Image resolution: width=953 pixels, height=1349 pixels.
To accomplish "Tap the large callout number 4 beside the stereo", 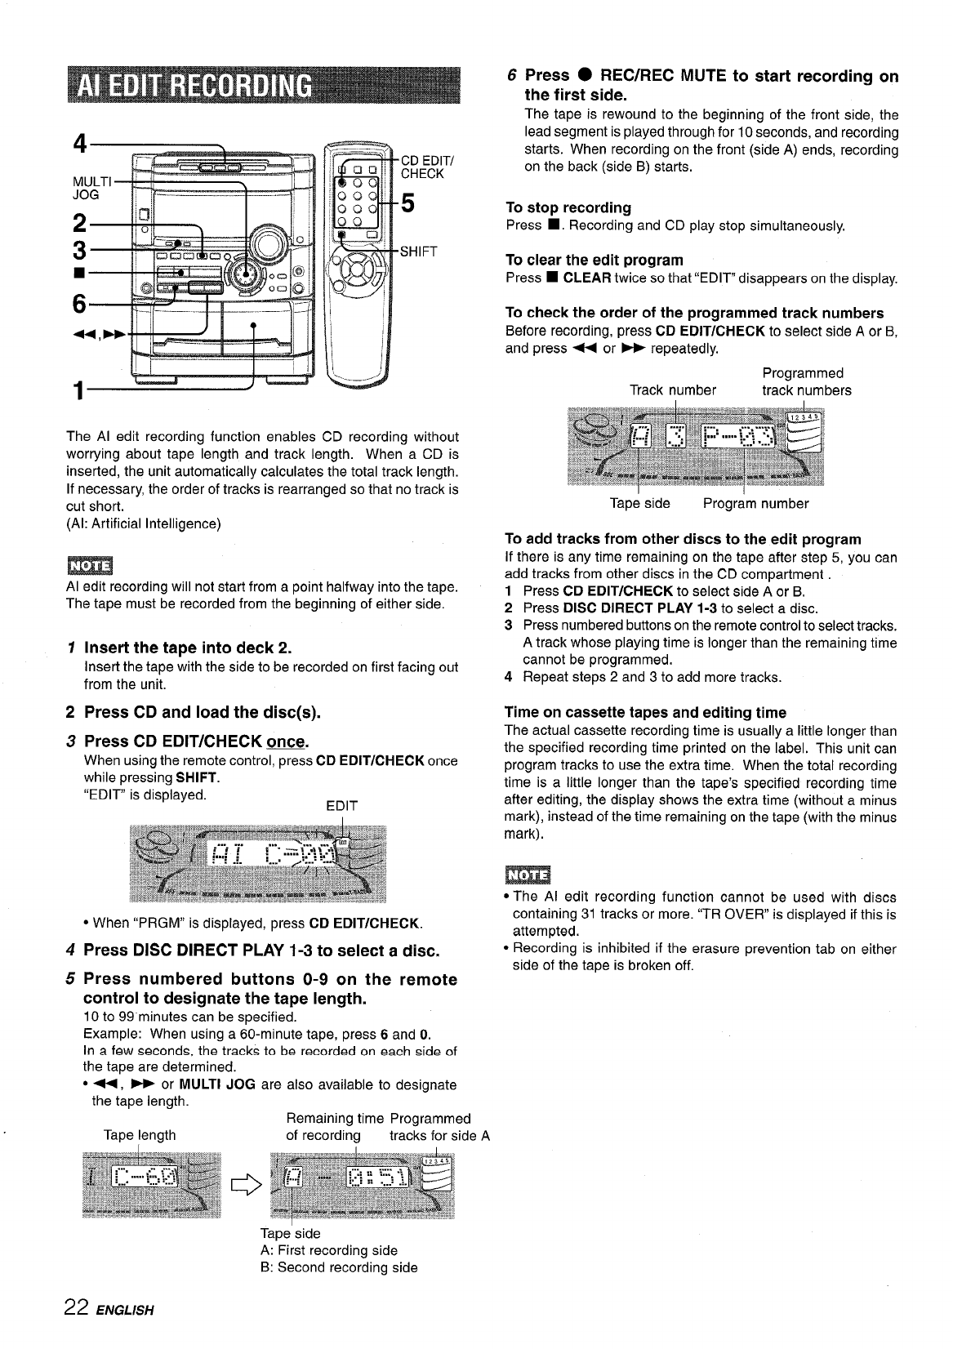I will tap(80, 145).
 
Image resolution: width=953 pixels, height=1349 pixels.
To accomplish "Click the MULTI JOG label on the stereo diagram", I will tap(86, 188).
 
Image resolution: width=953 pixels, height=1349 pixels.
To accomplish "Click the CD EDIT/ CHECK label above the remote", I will tap(422, 167).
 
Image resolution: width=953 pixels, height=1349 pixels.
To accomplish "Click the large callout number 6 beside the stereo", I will tap(79, 304).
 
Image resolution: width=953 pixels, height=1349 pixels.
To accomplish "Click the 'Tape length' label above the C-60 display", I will tap(140, 1135).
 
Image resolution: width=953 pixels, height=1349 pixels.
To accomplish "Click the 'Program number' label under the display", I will tap(756, 504).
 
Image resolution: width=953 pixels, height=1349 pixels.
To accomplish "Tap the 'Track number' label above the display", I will tap(673, 390).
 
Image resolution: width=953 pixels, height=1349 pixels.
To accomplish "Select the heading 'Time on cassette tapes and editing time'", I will tap(645, 712).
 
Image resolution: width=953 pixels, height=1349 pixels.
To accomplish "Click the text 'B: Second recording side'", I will tap(338, 1267).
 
